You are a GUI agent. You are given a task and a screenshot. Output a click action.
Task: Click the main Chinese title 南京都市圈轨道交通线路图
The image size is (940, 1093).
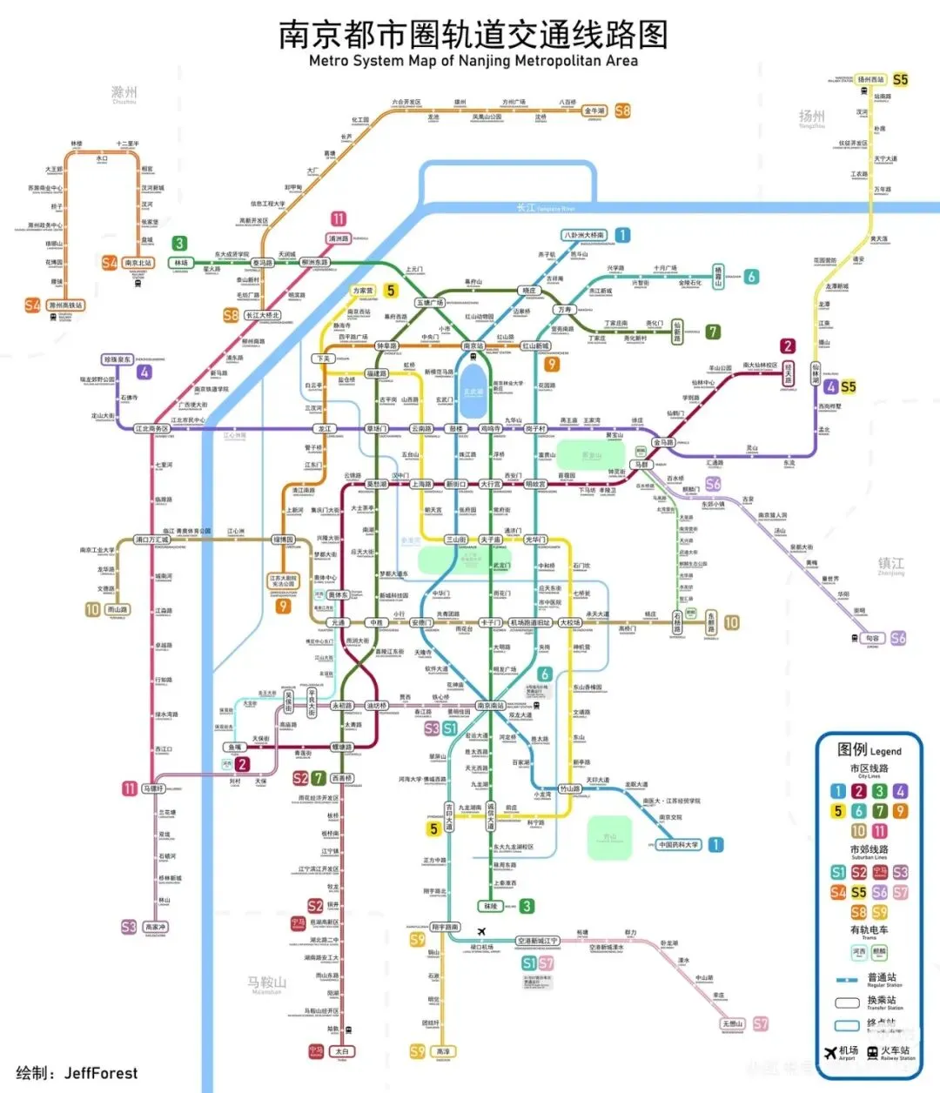tap(473, 35)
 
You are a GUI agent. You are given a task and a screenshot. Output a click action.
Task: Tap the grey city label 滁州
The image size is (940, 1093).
tap(124, 92)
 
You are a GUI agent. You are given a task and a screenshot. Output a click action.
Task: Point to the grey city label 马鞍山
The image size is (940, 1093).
tap(266, 982)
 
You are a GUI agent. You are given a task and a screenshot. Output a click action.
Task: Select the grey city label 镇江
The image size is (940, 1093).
tap(891, 564)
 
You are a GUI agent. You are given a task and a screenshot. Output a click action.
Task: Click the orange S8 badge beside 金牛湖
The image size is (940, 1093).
tap(622, 111)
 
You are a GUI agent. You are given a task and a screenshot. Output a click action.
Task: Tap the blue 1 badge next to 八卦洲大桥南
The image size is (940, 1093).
tap(622, 235)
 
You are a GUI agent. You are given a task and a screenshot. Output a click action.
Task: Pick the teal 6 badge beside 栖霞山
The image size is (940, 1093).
tap(751, 277)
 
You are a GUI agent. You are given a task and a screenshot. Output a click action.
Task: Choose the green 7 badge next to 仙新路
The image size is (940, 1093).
tap(713, 332)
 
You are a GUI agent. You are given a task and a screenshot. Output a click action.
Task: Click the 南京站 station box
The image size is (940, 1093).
tap(473, 346)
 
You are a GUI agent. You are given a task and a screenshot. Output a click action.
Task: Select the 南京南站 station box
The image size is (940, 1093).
tap(491, 706)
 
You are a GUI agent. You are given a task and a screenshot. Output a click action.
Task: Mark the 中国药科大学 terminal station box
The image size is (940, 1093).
tap(679, 845)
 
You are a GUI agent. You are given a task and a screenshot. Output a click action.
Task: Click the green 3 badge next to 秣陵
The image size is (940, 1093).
tap(527, 907)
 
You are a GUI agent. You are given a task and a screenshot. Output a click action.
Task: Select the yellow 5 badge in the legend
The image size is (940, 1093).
tap(838, 811)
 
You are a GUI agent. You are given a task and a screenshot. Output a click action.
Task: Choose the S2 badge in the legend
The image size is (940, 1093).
tap(859, 872)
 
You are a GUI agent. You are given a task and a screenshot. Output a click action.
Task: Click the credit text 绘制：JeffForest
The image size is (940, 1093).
tap(77, 1073)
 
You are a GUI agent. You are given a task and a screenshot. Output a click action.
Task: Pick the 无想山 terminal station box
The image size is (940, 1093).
tap(733, 1024)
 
